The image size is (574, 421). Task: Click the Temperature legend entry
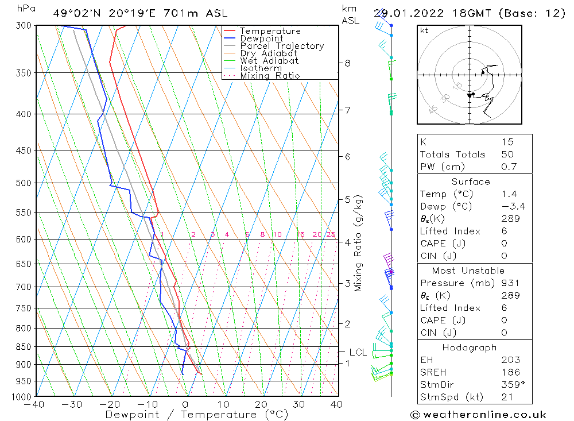(270, 31)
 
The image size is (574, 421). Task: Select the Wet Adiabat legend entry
(269, 61)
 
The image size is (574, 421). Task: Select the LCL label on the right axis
(358, 352)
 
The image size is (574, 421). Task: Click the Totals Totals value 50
(507, 155)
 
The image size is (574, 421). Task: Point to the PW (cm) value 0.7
(509, 167)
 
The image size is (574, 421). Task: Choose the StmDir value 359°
(510, 385)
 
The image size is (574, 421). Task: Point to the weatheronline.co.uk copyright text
(478, 415)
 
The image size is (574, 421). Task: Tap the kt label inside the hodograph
(424, 31)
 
